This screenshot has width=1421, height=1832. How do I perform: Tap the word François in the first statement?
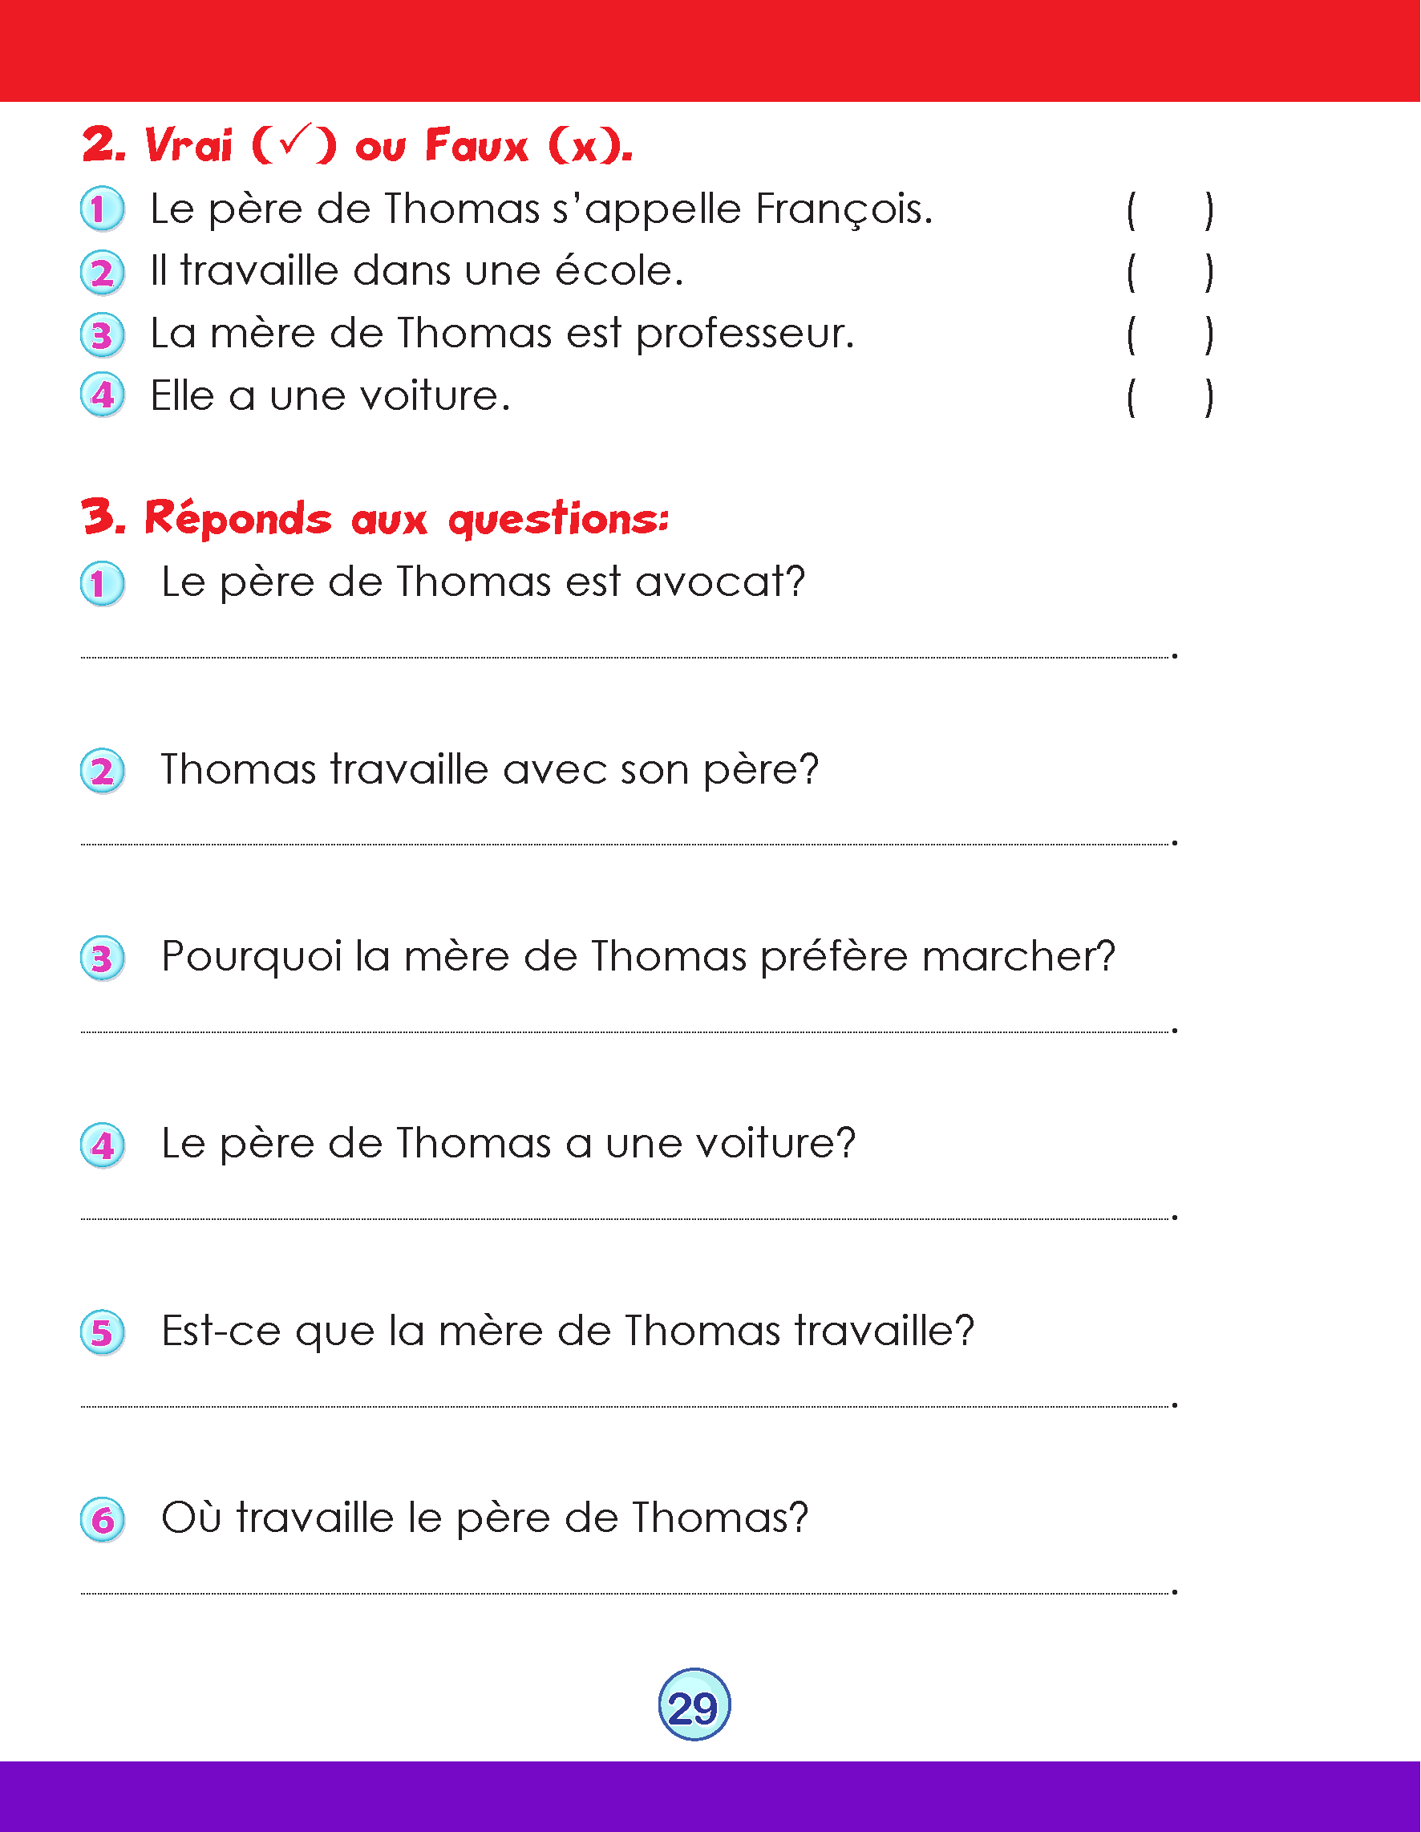pyautogui.click(x=843, y=209)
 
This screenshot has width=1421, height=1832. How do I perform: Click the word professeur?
pyautogui.click(x=745, y=334)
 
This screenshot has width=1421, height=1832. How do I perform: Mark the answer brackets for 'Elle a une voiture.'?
pyautogui.click(x=1169, y=398)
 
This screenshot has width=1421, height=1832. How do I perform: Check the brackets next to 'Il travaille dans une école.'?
pyautogui.click(x=1169, y=273)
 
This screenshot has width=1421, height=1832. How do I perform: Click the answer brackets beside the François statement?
pyautogui.click(x=1169, y=210)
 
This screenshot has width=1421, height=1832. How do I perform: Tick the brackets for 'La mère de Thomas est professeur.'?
pyautogui.click(x=1169, y=334)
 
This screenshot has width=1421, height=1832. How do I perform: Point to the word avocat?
pyautogui.click(x=720, y=582)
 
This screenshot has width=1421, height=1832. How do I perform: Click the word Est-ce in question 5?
pyautogui.click(x=221, y=1331)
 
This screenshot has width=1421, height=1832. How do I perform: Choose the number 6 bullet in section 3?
pyautogui.click(x=103, y=1520)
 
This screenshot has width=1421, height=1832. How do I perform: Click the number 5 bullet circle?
pyautogui.click(x=103, y=1333)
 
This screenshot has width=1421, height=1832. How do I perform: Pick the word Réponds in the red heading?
pyautogui.click(x=238, y=519)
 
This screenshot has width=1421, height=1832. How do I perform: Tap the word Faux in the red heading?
pyautogui.click(x=476, y=146)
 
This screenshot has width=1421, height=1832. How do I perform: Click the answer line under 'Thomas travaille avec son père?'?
pyautogui.click(x=625, y=844)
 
